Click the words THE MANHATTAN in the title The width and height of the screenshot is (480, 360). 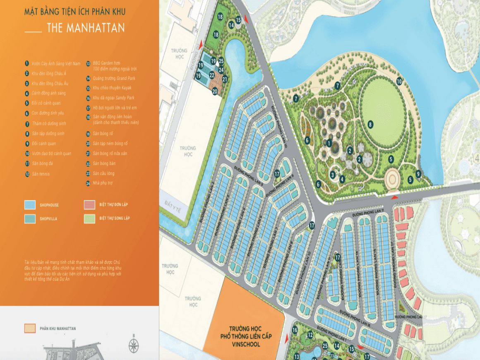86,28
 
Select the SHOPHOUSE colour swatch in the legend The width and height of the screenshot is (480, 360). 30,205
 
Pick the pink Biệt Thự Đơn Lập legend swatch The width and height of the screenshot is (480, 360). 90,205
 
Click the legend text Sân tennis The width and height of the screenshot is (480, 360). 41,174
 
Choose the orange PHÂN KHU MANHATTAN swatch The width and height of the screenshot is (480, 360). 30,329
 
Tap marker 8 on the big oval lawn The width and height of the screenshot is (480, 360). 371,123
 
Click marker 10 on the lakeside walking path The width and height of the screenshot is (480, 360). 399,82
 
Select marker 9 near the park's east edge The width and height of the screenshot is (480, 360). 418,174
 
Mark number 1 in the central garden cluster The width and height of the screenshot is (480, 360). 329,143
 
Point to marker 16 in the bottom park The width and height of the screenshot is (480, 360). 295,330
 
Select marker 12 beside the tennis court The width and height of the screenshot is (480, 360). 310,335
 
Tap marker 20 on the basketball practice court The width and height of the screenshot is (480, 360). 215,91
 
